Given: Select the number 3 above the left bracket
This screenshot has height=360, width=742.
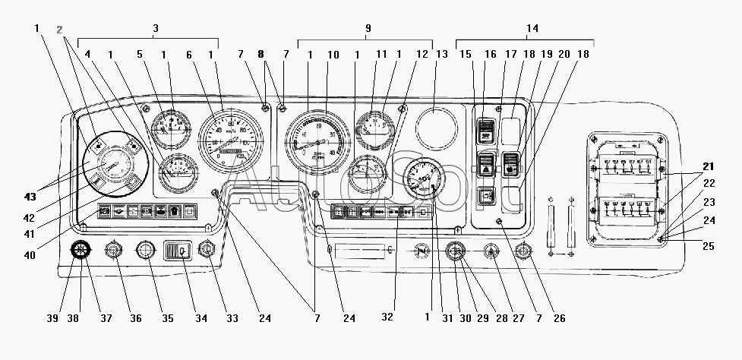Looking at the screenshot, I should [155, 28].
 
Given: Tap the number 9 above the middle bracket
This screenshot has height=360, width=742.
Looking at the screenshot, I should [368, 28].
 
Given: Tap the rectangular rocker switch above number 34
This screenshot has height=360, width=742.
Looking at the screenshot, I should [180, 250].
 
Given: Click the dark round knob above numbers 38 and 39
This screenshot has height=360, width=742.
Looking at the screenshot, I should [81, 250].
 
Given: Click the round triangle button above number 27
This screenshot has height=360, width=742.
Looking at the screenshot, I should [493, 251].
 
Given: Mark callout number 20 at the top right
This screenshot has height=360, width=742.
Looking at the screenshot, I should [564, 55].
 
